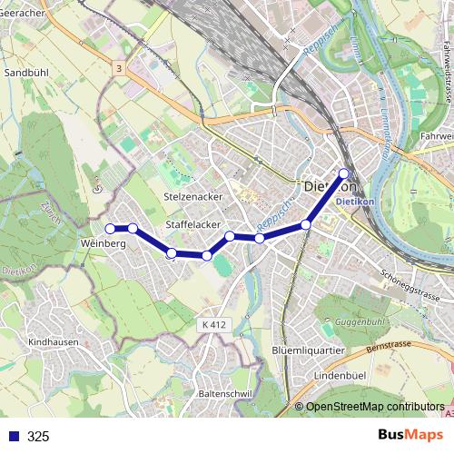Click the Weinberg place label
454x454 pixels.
click(103, 244)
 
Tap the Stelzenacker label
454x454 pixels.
click(192, 196)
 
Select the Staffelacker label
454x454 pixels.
click(192, 223)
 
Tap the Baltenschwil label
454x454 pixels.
click(224, 394)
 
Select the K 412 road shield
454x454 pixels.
click(213, 324)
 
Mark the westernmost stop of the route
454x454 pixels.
click(109, 228)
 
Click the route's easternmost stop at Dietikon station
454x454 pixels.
click(344, 173)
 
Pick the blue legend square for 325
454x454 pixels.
click(12, 436)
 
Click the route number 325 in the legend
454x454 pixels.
click(38, 436)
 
